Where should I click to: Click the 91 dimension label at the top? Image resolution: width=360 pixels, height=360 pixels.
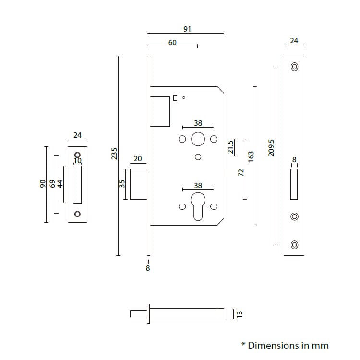(x=187, y=29)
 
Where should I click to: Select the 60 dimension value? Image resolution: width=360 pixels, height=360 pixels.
(x=172, y=43)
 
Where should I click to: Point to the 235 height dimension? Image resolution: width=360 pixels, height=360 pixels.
(x=114, y=154)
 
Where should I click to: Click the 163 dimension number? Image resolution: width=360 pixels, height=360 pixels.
(x=251, y=157)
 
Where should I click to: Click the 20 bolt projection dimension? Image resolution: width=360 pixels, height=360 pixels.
(x=138, y=159)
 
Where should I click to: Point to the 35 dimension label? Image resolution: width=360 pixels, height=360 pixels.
(x=122, y=184)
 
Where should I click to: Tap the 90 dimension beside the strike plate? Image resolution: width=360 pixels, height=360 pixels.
(x=42, y=184)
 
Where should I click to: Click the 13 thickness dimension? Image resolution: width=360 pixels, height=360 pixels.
(x=240, y=314)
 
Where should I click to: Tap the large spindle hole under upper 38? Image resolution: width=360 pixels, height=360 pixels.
(x=198, y=140)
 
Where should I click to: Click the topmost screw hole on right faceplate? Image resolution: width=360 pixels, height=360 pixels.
(x=294, y=67)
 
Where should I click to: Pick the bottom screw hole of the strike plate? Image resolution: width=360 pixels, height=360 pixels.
(x=78, y=214)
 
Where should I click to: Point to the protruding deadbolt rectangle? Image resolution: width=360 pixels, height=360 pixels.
(x=138, y=183)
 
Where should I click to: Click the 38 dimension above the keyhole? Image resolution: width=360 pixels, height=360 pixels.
(x=198, y=185)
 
